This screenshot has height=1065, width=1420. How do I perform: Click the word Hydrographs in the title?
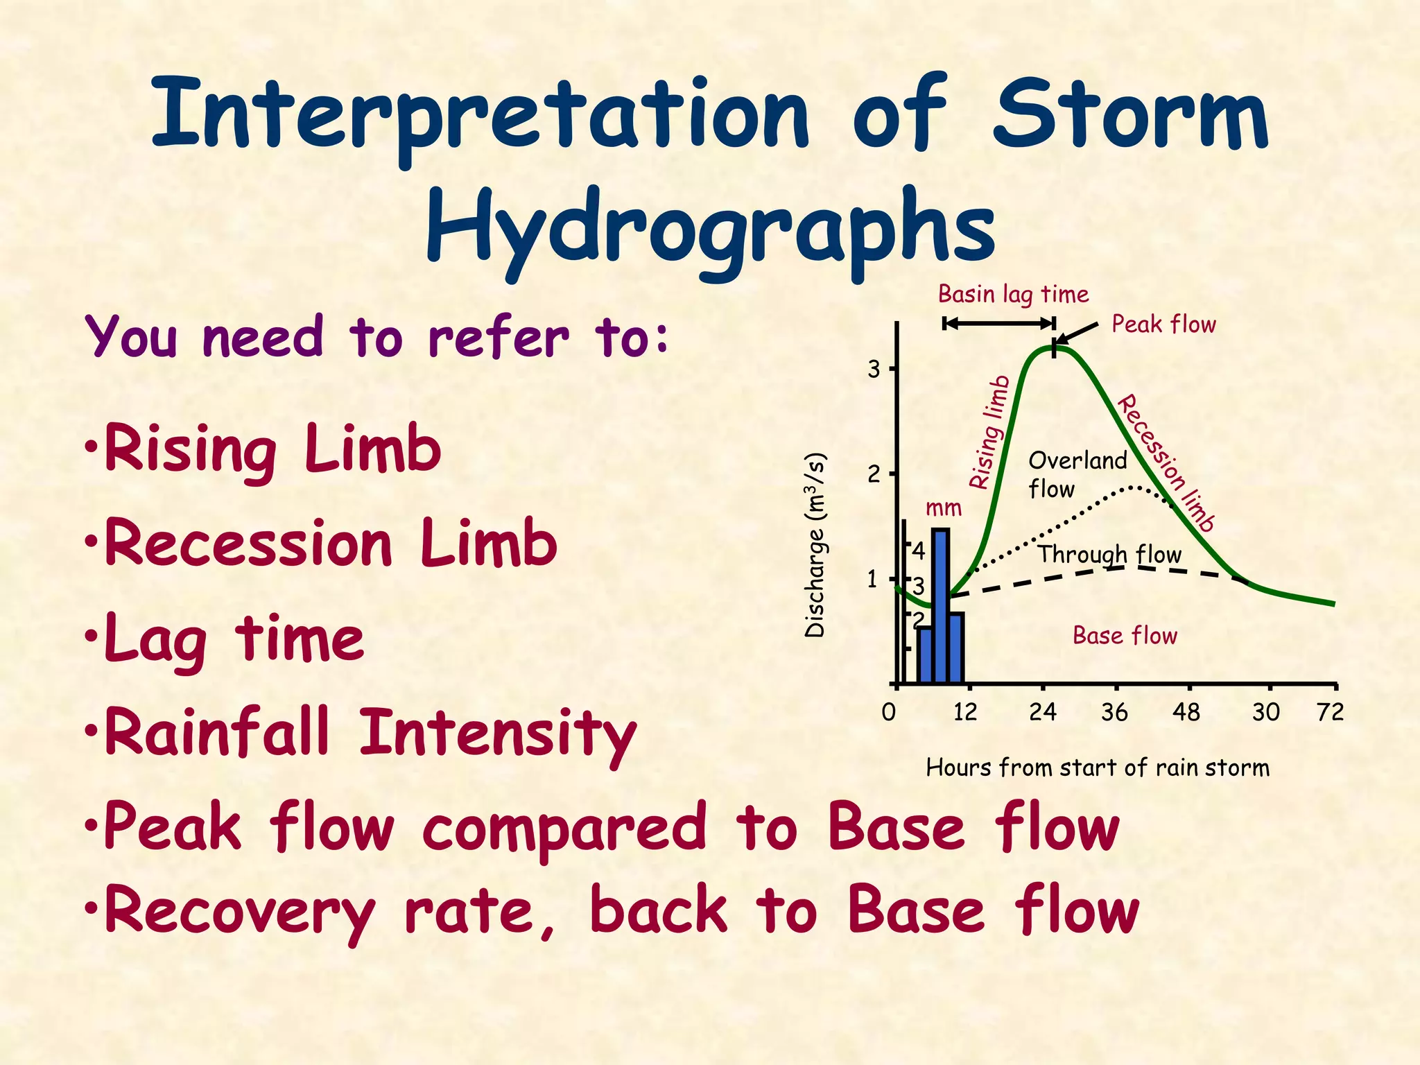pos(711,229)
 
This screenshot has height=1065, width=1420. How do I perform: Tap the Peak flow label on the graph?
pos(1163,324)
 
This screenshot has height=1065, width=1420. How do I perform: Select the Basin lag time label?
pos(1013,295)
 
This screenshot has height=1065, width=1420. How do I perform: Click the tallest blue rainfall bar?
pos(940,605)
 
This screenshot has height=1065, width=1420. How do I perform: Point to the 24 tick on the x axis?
pos(1042,712)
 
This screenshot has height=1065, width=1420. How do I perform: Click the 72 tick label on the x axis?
pos(1330,712)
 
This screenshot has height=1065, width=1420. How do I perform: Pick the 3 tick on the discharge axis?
pos(874,370)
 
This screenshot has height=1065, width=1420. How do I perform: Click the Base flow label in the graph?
pos(1125,636)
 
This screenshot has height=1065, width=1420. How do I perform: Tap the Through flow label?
pos(1109,555)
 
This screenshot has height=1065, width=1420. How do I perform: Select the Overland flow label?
pos(1077,474)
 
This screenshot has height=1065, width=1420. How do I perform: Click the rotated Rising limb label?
pos(989,433)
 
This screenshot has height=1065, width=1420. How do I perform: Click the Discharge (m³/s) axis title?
pos(816,545)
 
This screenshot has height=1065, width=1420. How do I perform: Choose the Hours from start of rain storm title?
pos(1098,768)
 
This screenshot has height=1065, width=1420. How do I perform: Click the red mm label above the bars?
pos(944,508)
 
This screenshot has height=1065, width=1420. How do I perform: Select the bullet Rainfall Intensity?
pos(370,734)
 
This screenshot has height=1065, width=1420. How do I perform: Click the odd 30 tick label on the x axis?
pos(1265,712)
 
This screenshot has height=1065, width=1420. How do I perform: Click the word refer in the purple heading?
pos(499,338)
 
